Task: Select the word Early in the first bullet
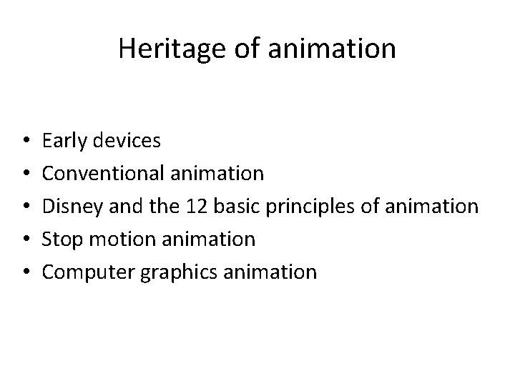(62, 141)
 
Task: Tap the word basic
(242, 206)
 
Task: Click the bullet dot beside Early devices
(25, 141)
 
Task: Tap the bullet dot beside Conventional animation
(25, 174)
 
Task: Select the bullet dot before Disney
(25, 207)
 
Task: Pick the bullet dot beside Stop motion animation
(25, 239)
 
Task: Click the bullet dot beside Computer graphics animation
(25, 272)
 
